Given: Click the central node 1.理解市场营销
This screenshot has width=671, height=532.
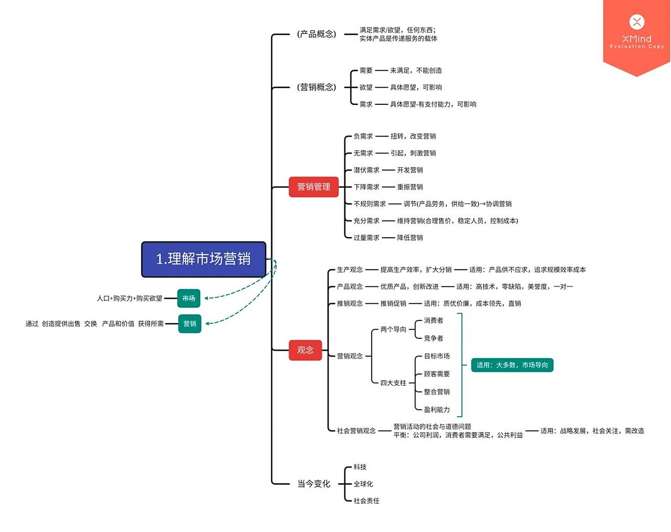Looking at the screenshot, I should (x=203, y=259).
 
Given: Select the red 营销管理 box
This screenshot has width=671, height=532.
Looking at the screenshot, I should (x=313, y=187).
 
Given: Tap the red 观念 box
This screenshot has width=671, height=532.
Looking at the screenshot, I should (x=305, y=350).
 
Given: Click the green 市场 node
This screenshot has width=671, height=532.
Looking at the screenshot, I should (x=189, y=298).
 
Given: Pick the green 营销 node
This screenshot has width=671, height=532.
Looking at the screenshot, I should (x=190, y=323).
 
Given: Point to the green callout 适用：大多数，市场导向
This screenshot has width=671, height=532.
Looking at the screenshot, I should (x=512, y=365).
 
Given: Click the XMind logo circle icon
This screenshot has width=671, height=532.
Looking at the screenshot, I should (x=637, y=22).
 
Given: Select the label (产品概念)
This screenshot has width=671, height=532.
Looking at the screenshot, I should (x=316, y=34).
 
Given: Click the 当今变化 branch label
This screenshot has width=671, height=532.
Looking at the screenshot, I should (x=313, y=484).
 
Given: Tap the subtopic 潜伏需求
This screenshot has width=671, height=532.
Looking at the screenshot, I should (x=366, y=170).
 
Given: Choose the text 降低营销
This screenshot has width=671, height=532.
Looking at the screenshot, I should (x=410, y=238).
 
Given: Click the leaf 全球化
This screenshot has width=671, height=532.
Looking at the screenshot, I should (x=363, y=484).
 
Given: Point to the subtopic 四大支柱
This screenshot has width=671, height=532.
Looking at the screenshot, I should (x=393, y=383).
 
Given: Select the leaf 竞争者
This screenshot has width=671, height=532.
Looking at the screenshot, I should (x=433, y=338).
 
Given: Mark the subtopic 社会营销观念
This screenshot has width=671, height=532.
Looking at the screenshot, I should (x=356, y=431).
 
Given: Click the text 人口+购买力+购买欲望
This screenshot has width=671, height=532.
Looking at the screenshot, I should (x=129, y=298).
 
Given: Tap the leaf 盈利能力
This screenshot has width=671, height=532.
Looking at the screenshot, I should (x=436, y=409).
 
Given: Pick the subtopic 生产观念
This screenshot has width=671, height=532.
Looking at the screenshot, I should (x=350, y=270).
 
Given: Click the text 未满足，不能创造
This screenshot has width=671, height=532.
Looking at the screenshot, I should (x=416, y=71).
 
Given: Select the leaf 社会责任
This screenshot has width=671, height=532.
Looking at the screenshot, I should (x=366, y=501).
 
